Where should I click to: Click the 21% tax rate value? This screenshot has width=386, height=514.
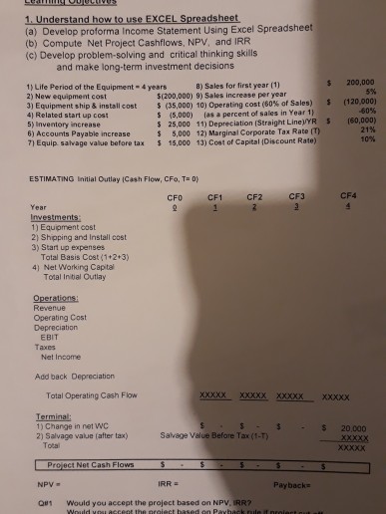click(365, 132)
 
